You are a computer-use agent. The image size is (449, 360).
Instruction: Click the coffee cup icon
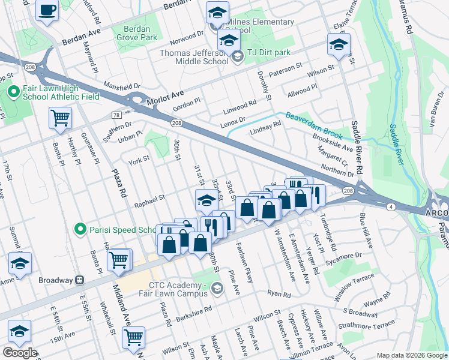pos(47,10)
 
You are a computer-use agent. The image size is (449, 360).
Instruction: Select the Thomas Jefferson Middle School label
pos(192,57)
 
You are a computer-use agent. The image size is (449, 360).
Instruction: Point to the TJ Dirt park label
pos(268,53)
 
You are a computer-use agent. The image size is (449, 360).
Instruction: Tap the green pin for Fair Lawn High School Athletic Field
pos(13,92)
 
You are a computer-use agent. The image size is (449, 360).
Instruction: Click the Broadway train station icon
pos(79,280)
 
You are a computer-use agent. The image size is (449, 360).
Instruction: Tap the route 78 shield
pos(116,115)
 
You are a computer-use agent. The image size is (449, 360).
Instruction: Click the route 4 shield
pos(391,206)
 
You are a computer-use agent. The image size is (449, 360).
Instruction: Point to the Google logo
pos(20,353)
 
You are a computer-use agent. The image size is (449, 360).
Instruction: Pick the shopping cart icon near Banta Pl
pos(60,118)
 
